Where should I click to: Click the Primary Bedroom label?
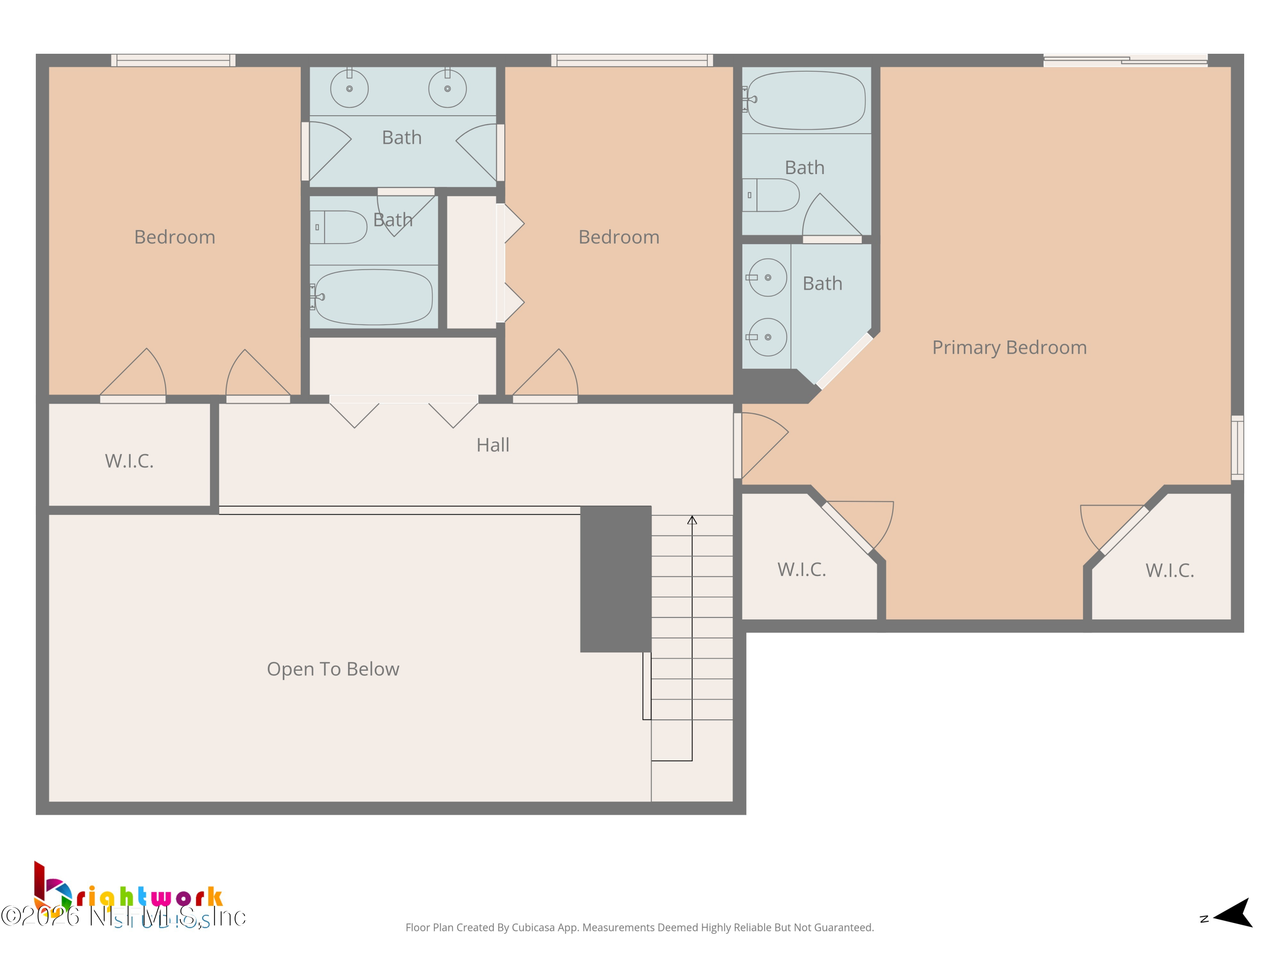(x=1009, y=347)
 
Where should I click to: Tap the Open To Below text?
(x=333, y=669)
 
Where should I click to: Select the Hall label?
(x=492, y=445)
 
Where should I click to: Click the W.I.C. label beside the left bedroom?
(x=129, y=461)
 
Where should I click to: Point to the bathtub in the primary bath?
(x=806, y=100)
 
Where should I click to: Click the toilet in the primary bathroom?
(x=773, y=195)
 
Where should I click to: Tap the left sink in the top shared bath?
(x=349, y=89)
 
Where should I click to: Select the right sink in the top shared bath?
(x=447, y=89)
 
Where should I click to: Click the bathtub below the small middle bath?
(x=373, y=297)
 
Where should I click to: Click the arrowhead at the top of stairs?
(x=692, y=520)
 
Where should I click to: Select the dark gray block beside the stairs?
(x=616, y=579)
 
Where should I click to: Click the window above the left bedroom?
(x=173, y=60)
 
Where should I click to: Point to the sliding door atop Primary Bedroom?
(x=1125, y=60)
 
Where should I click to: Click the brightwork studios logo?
(x=127, y=894)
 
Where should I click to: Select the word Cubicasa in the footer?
(x=533, y=928)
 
